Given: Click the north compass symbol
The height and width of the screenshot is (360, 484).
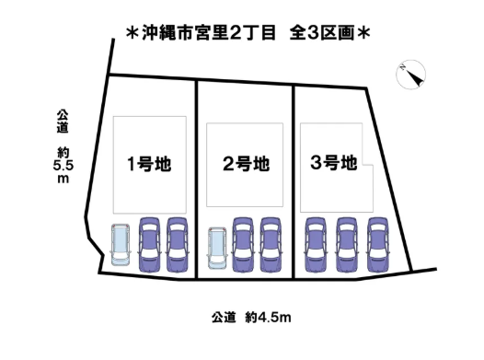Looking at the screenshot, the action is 410,76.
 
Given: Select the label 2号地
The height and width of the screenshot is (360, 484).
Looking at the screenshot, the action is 246,165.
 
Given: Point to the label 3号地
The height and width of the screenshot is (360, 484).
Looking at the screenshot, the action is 333,164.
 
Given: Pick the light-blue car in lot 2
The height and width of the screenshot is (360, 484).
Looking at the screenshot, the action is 217,245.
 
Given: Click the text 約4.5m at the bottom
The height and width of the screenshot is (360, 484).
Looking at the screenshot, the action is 269,319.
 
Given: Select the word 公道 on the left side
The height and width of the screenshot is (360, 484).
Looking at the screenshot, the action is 63,122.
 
